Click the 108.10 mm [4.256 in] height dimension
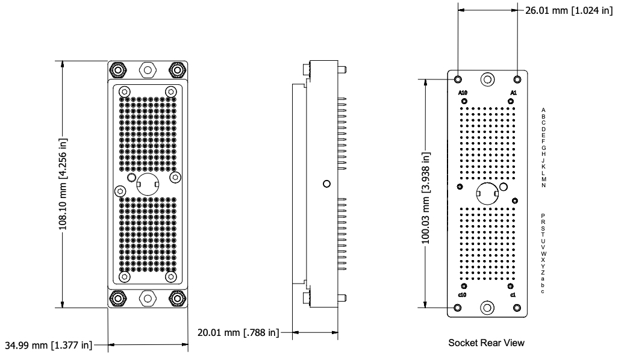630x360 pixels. (x=63, y=184)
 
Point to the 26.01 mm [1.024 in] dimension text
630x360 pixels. (x=568, y=10)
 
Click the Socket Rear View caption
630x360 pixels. (x=486, y=343)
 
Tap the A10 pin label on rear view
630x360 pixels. (x=463, y=93)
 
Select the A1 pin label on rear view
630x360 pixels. (x=513, y=93)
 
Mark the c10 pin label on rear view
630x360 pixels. (x=463, y=295)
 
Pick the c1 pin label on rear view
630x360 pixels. (x=513, y=295)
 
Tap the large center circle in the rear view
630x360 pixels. (x=487, y=194)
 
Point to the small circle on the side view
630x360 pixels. (x=326, y=184)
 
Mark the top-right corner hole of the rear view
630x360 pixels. (x=517, y=79)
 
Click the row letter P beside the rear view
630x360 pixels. (x=543, y=216)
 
